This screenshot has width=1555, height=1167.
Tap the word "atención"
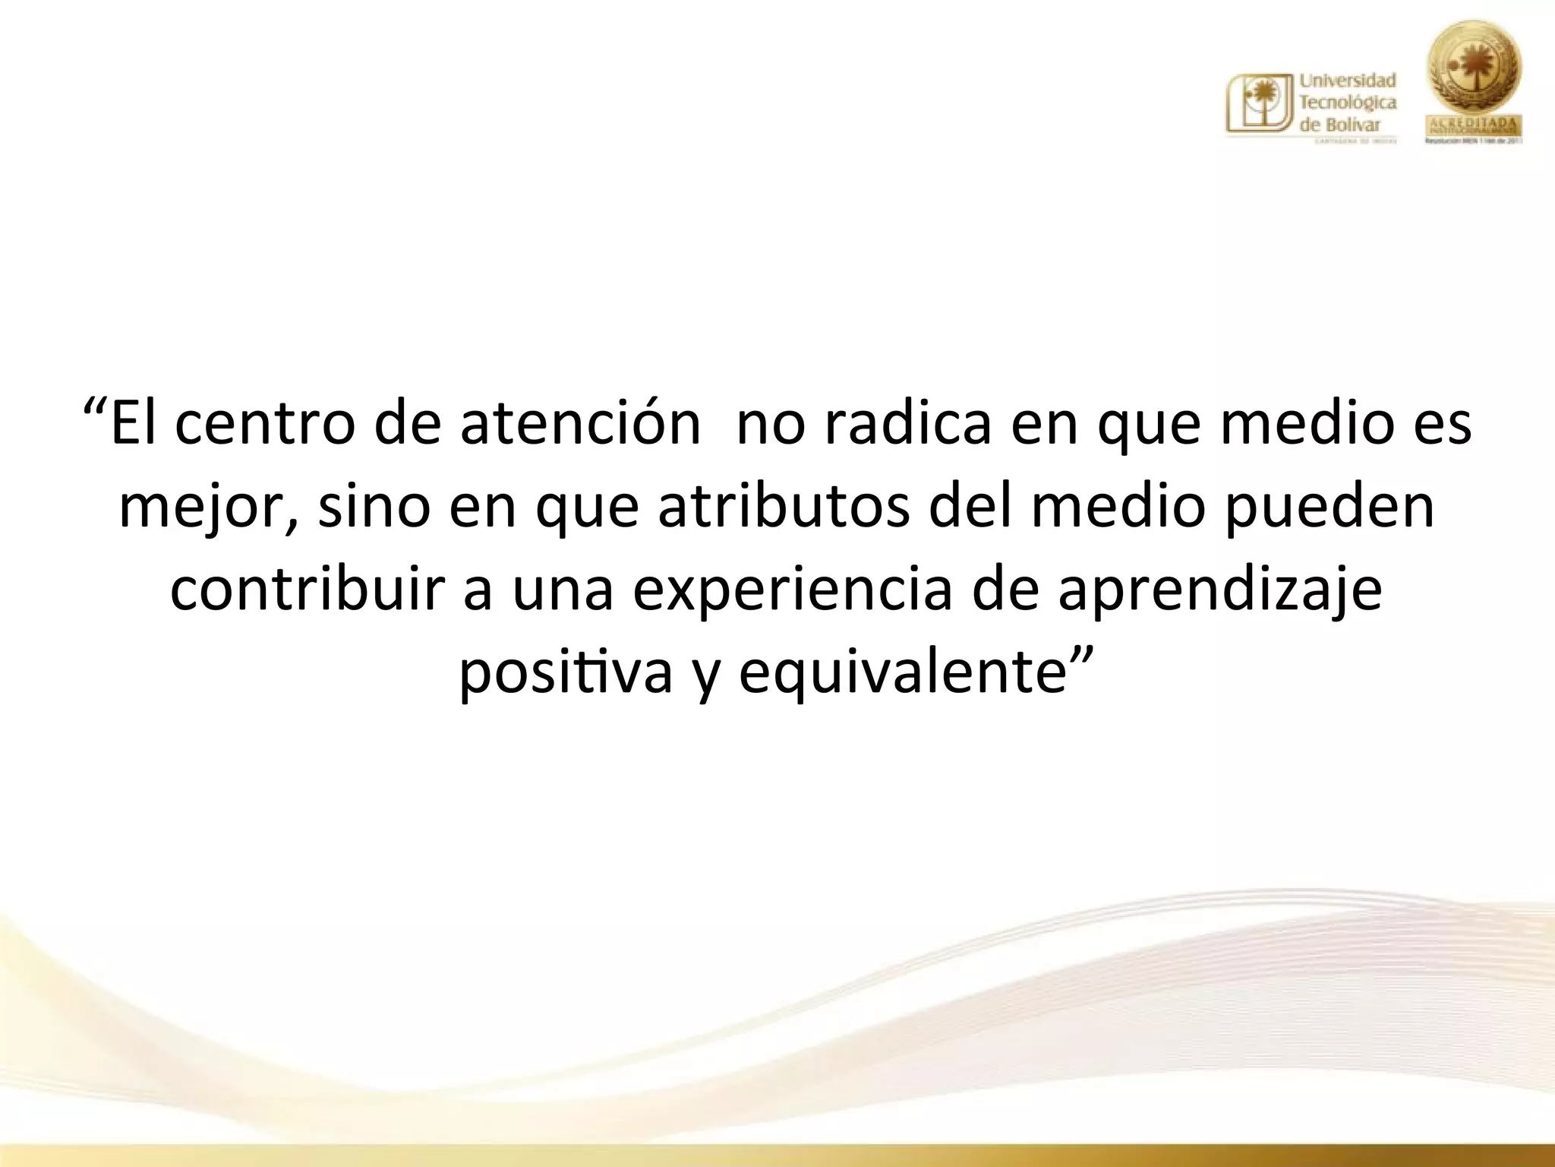click(580, 423)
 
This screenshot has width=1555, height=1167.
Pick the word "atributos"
click(783, 507)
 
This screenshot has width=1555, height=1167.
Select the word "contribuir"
click(307, 590)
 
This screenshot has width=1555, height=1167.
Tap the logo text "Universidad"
click(1348, 81)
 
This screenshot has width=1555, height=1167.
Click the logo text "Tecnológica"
click(1348, 103)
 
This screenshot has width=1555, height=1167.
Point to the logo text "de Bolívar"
click(1340, 125)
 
